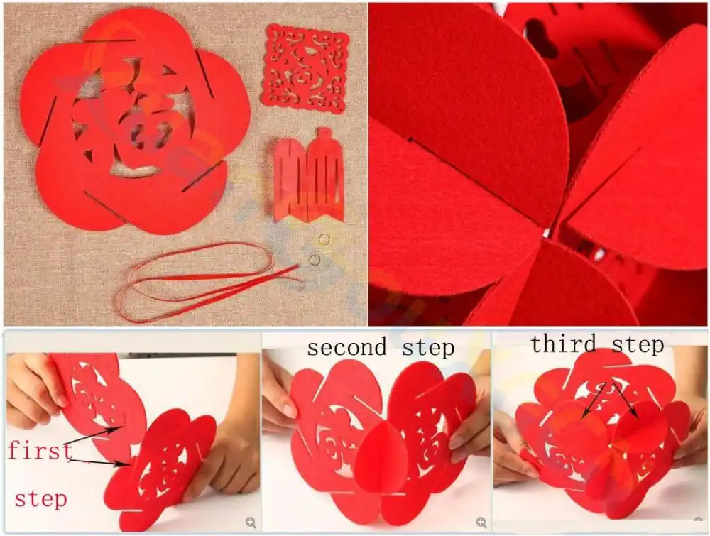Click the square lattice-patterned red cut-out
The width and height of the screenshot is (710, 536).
point(305,68)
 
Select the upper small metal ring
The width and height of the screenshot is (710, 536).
point(324,239)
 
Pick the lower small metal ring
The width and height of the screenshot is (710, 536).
point(314,260)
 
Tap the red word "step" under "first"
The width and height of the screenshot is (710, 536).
point(40,498)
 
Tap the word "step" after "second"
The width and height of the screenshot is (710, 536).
point(427,348)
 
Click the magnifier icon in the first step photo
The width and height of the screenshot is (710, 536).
point(251,523)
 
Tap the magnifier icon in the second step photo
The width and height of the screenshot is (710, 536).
point(481,523)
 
